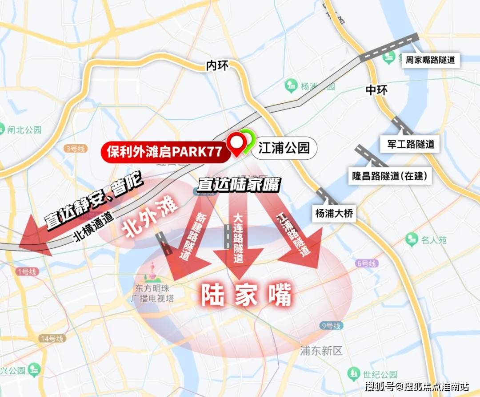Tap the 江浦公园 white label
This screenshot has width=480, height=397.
point(284,148)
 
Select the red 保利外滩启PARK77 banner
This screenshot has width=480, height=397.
point(164,151)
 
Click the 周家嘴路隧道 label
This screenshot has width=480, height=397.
point(430,60)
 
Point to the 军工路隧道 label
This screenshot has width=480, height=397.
point(408,144)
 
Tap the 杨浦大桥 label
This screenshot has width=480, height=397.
point(334,213)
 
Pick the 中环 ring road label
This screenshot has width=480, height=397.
point(376,90)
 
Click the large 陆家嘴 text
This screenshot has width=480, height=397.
point(246,295)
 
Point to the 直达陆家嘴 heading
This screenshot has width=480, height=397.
point(238,184)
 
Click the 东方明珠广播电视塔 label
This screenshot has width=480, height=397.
point(152,293)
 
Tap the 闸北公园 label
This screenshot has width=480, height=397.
point(24,130)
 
